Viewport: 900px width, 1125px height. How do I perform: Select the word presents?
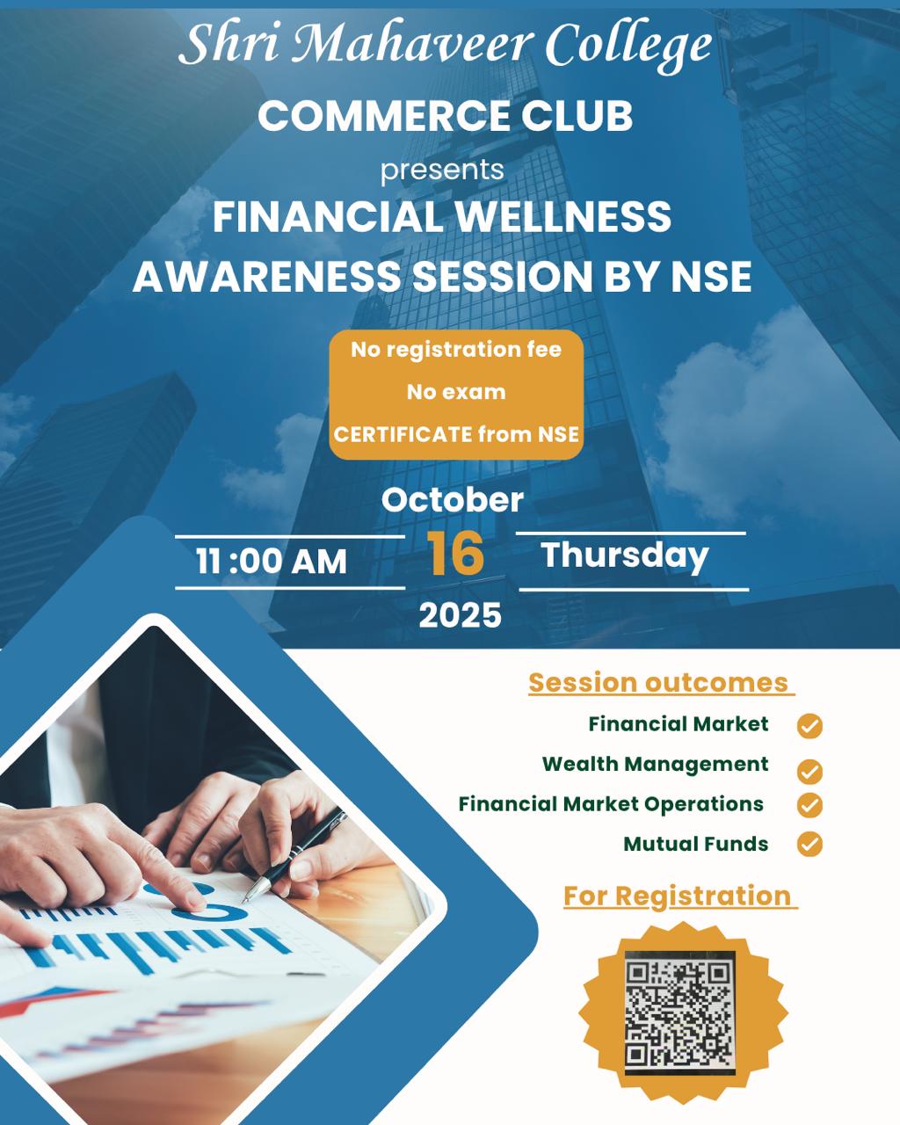click(442, 171)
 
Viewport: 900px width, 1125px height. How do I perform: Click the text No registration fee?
click(456, 349)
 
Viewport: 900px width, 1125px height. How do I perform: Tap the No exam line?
click(456, 392)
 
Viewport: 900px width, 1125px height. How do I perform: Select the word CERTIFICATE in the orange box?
click(403, 434)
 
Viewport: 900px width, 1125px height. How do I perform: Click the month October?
click(453, 500)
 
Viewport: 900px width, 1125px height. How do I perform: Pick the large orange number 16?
click(455, 554)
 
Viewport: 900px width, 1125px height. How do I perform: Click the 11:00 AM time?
click(272, 562)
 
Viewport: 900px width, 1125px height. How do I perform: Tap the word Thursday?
click(625, 555)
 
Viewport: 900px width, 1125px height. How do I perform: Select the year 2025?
click(461, 614)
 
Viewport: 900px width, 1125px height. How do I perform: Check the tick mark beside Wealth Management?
click(809, 773)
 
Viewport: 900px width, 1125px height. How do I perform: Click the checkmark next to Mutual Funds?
click(809, 844)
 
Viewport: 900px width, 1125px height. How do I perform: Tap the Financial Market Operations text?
click(611, 804)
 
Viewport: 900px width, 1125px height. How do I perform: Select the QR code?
click(680, 1012)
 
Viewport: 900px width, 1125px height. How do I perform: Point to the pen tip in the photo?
click(244, 900)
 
